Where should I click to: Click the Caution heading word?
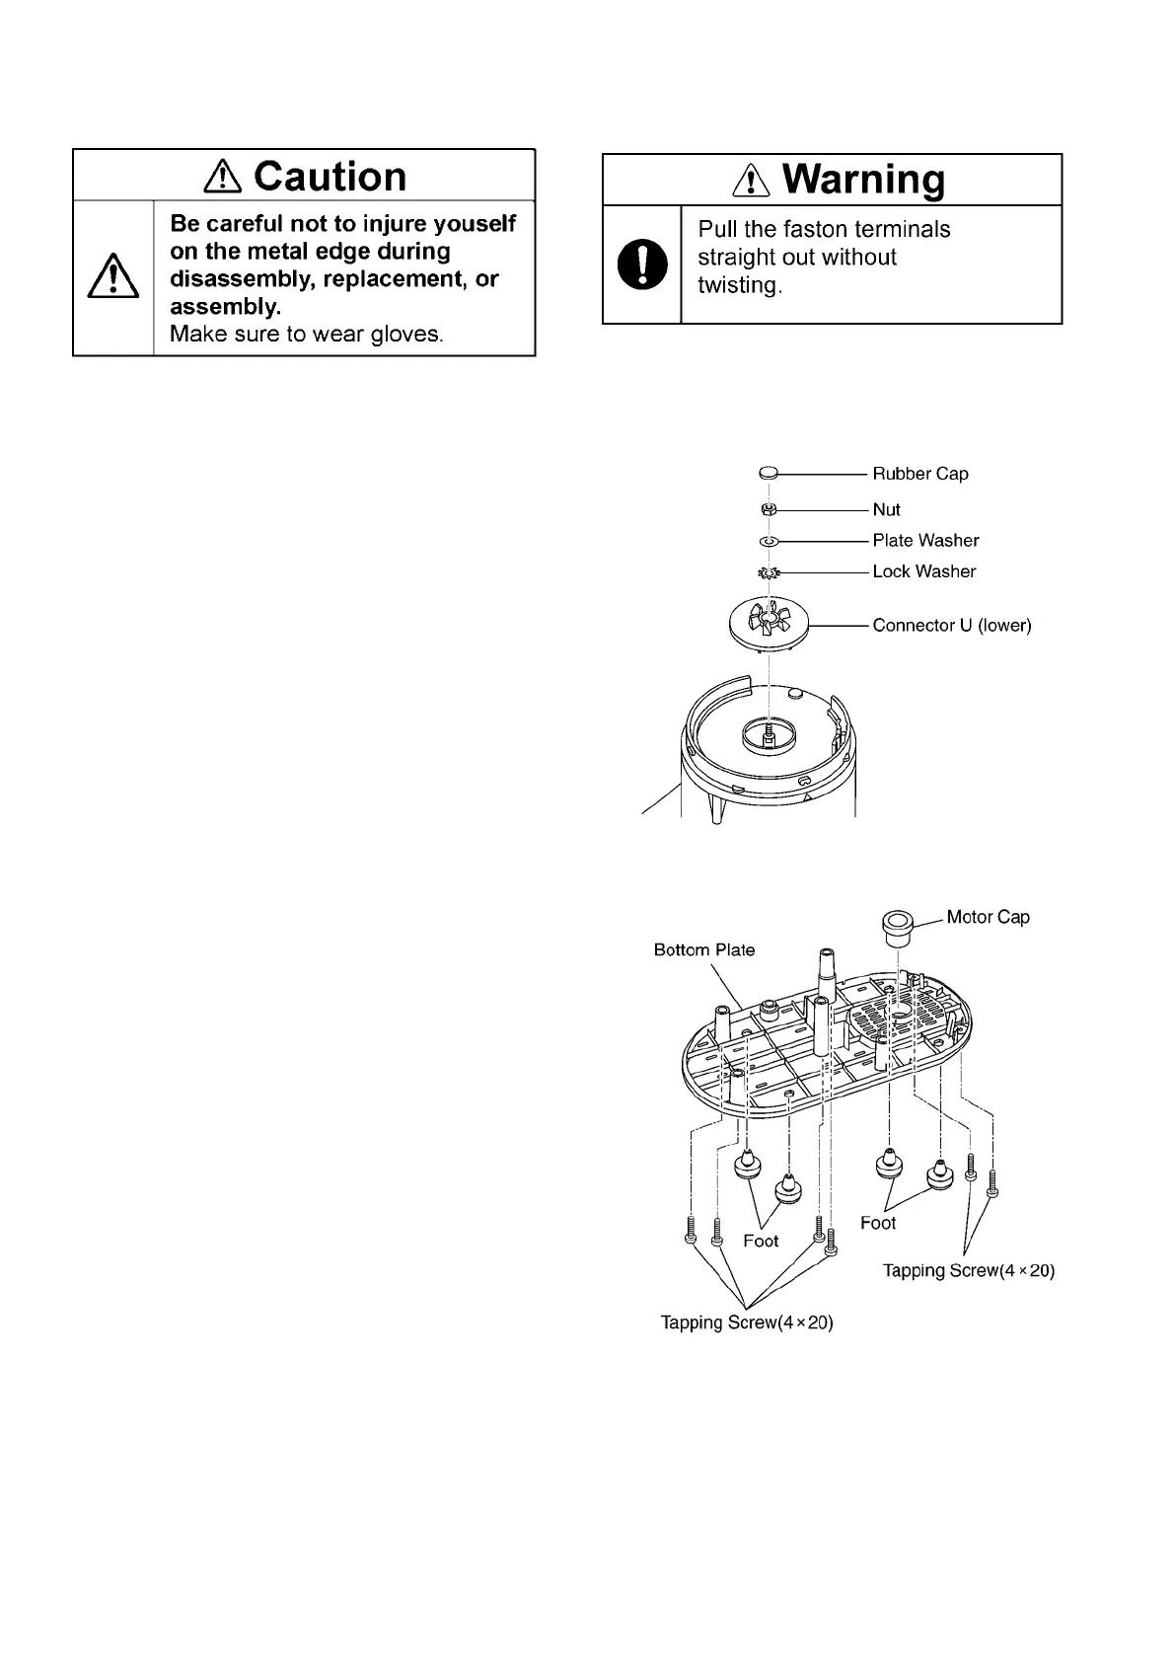coord(330,177)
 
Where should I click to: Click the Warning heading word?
coord(863,180)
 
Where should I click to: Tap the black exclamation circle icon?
coord(641,264)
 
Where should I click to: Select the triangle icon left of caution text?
coord(113,276)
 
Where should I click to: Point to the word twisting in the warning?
coord(740,285)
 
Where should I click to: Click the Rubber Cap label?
coord(920,474)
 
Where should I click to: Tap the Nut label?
coord(886,509)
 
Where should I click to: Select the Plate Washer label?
coord(925,541)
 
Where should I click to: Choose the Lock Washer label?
coord(923,571)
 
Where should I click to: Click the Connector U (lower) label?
coord(952,625)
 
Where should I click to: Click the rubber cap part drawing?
coord(770,475)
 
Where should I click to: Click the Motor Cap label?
coord(988,917)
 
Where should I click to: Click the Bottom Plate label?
coord(704,949)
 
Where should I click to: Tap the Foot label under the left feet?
coord(761,1241)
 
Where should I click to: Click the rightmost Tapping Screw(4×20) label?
coord(969,1270)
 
